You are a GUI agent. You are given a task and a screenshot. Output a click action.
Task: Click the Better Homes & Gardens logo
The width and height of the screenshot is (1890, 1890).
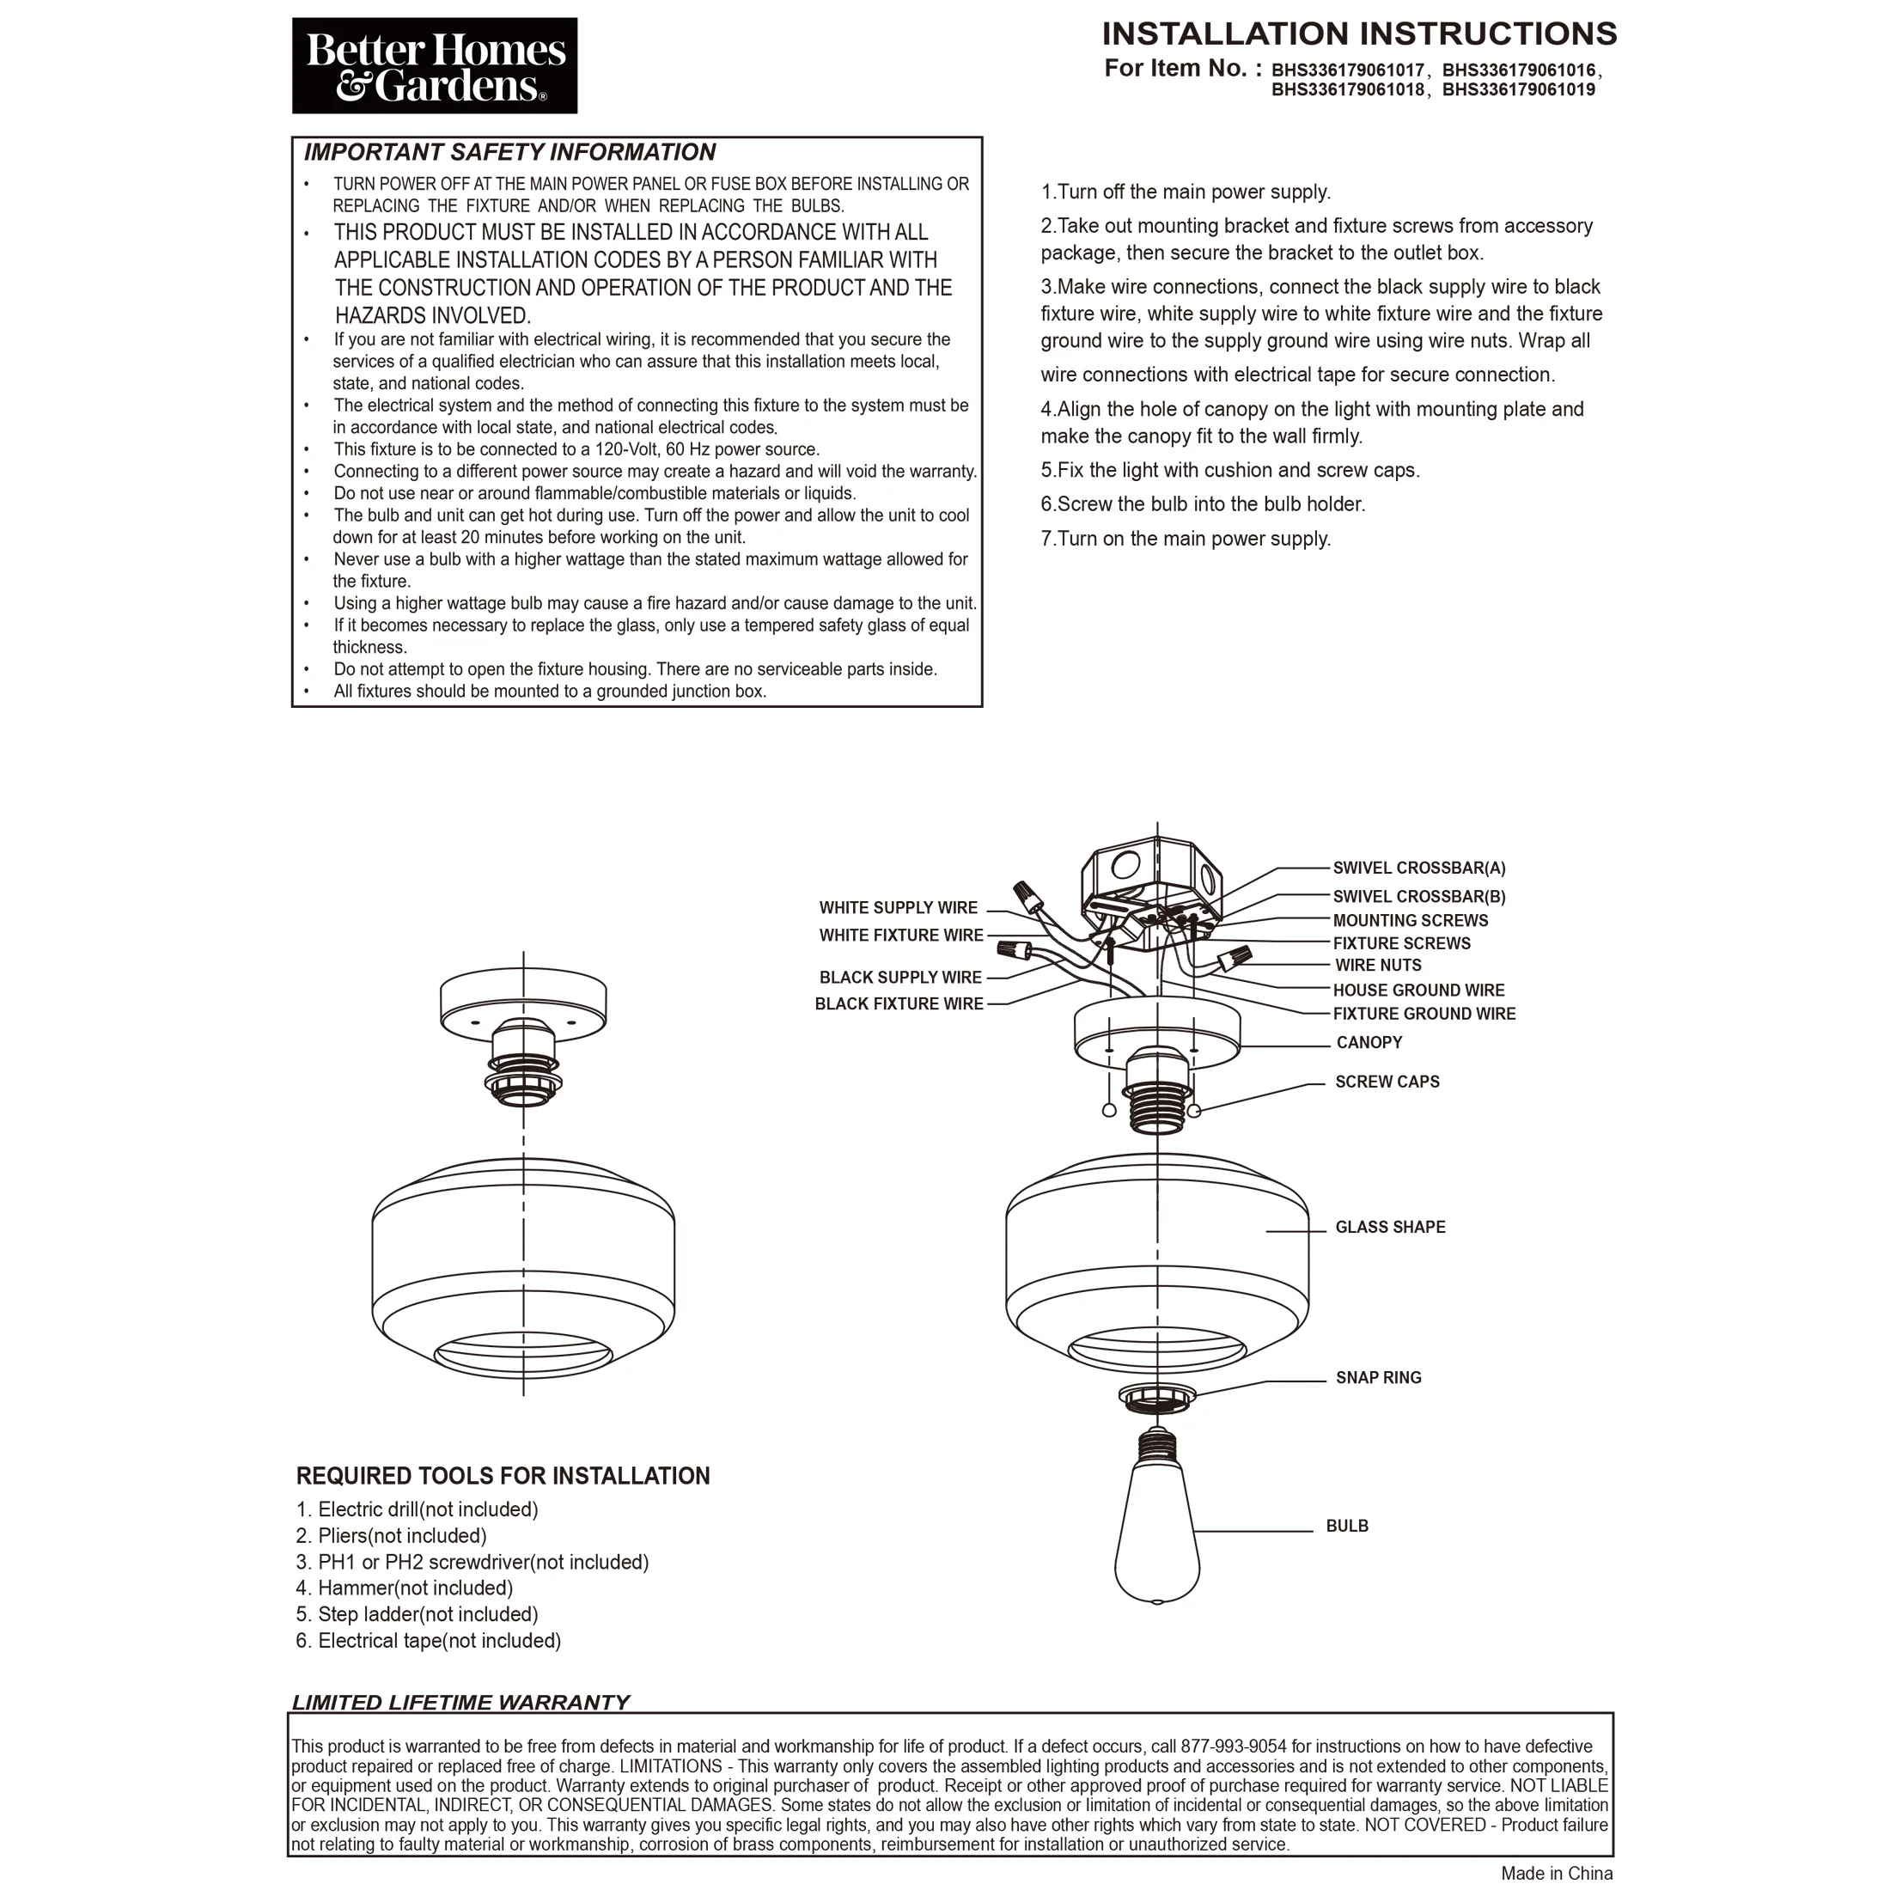point(435,65)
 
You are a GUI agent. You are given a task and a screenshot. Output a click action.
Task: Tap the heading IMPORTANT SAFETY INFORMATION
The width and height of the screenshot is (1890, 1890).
point(509,153)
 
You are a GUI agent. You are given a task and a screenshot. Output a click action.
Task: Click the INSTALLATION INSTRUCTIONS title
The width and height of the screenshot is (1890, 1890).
point(1359,34)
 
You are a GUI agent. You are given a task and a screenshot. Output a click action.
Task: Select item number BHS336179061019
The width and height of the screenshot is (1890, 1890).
point(1518,90)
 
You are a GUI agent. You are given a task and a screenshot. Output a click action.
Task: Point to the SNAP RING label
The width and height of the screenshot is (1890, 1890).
point(1378,1378)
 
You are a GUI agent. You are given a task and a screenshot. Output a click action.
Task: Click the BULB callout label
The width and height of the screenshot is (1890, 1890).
point(1347,1526)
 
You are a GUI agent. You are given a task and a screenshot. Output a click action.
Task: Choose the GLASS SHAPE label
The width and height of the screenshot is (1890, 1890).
point(1390,1228)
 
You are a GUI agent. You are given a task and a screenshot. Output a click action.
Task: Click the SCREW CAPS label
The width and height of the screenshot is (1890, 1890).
point(1387,1082)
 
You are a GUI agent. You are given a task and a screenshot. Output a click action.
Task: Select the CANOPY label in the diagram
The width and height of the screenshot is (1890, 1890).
point(1369,1043)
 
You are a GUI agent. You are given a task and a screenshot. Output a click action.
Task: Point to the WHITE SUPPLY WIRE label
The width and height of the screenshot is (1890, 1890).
point(898,908)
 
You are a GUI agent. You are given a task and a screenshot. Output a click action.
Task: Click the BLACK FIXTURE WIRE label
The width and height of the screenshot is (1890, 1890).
point(899,1003)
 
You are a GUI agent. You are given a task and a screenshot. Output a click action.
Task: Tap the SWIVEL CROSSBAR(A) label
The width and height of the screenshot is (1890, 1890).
point(1418,868)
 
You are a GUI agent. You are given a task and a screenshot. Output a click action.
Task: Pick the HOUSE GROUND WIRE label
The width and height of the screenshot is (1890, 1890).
point(1418,990)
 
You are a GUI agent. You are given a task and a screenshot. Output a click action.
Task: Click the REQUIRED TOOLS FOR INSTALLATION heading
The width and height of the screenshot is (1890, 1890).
point(503,1476)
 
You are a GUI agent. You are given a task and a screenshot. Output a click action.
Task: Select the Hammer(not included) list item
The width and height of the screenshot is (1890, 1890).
point(405,1588)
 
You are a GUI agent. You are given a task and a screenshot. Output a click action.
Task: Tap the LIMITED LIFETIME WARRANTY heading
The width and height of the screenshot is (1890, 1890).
point(460,1702)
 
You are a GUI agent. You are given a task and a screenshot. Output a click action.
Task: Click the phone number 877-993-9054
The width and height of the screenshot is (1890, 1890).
point(1233,1747)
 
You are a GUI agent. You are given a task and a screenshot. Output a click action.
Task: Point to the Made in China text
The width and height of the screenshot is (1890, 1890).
point(1557,1874)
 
